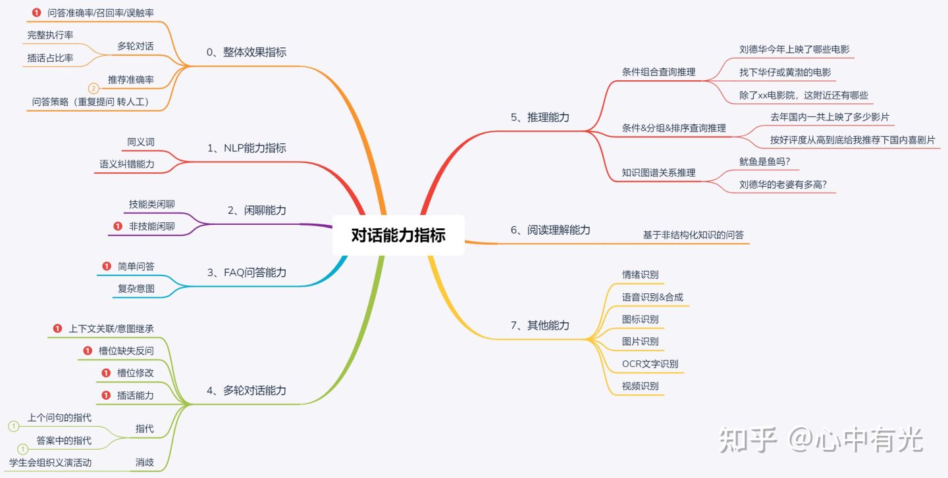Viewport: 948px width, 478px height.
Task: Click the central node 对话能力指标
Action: pos(398,235)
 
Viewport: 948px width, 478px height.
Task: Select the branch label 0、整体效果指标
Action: pos(246,53)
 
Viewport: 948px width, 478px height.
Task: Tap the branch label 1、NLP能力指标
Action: pos(246,148)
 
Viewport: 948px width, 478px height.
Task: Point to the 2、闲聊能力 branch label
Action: pos(257,210)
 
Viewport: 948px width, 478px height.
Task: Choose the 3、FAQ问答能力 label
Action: pos(246,272)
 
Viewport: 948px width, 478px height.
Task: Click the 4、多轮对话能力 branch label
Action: pos(246,391)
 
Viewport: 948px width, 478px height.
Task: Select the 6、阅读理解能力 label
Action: pos(550,230)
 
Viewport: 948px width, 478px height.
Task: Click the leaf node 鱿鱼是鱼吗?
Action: pos(764,161)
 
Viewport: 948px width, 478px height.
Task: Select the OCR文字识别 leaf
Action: pos(650,364)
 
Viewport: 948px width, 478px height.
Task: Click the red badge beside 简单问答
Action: pos(107,266)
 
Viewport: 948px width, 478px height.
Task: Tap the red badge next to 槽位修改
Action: pos(106,373)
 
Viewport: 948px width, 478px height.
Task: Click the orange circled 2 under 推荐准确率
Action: pos(93,88)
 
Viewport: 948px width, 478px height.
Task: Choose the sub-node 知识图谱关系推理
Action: pos(658,173)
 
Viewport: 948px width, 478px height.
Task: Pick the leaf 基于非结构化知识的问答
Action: pos(693,235)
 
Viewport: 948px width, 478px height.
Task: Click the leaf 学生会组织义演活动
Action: pos(50,463)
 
